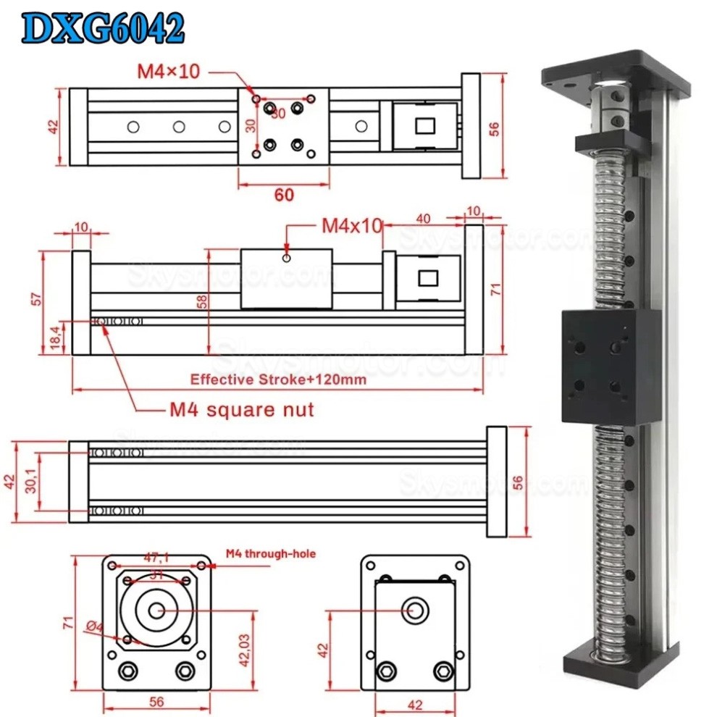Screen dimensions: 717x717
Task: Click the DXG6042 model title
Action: pyautogui.click(x=101, y=29)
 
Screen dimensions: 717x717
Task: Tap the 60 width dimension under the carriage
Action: pyautogui.click(x=284, y=193)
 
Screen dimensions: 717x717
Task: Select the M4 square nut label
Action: pyautogui.click(x=242, y=410)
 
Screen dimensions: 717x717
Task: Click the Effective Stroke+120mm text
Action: pyautogui.click(x=278, y=379)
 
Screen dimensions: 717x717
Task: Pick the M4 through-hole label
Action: pyautogui.click(x=271, y=554)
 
